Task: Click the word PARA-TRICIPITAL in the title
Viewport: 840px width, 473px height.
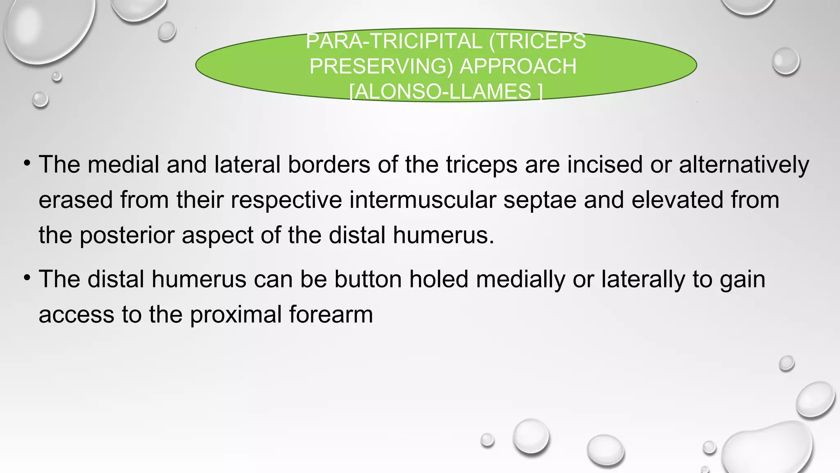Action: coord(394,41)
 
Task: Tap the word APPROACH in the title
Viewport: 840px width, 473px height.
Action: coord(518,67)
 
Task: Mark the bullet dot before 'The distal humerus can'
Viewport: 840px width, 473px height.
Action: coord(27,278)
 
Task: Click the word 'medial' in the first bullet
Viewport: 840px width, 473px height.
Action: coord(123,165)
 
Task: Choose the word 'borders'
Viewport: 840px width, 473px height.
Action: coord(329,165)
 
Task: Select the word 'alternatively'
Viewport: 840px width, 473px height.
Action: coord(744,165)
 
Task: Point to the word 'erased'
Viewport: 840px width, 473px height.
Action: coord(75,200)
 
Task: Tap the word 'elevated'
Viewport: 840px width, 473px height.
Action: coord(677,200)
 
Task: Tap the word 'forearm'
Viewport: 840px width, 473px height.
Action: coord(331,315)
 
